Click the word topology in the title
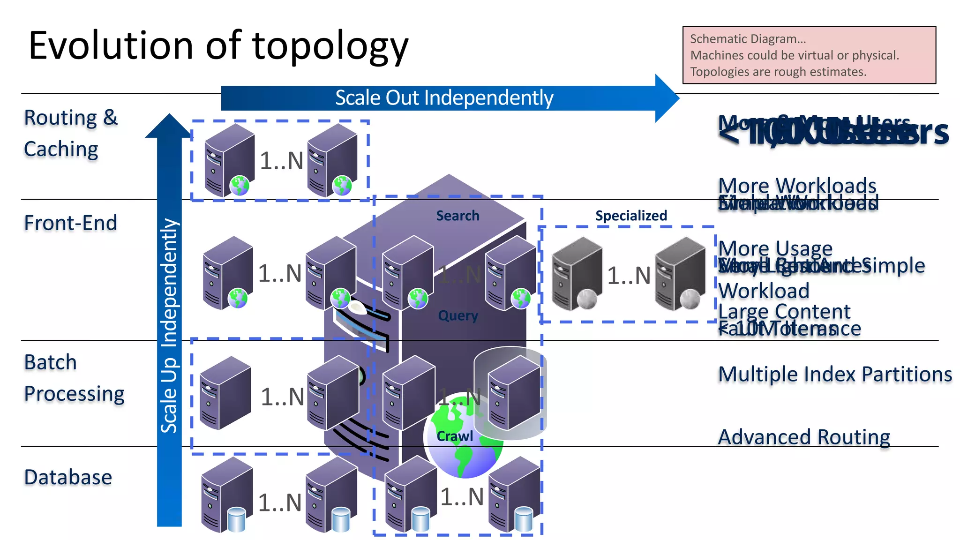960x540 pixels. pyautogui.click(x=330, y=47)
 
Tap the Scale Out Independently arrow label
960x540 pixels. pyautogui.click(x=444, y=98)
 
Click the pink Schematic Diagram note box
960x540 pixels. pyautogui.click(x=809, y=55)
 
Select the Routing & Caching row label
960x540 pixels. pyautogui.click(x=70, y=133)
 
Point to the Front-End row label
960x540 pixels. pyautogui.click(x=70, y=223)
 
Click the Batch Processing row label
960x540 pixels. pyautogui.click(x=74, y=378)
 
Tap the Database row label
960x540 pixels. pyautogui.click(x=68, y=477)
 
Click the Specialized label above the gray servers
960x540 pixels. pyautogui.click(x=631, y=216)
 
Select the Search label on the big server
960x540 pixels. pyautogui.click(x=457, y=216)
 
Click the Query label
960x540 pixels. pyautogui.click(x=457, y=315)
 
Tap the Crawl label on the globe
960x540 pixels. pyautogui.click(x=454, y=436)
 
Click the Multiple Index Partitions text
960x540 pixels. pyautogui.click(x=834, y=374)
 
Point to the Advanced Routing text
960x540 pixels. pyautogui.click(x=803, y=437)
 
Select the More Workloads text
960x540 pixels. pyautogui.click(x=797, y=186)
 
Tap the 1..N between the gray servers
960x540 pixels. pyautogui.click(x=629, y=276)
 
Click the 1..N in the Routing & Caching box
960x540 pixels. pyautogui.click(x=281, y=161)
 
